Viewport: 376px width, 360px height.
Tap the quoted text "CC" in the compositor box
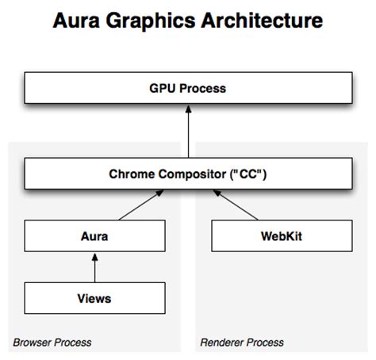click(248, 174)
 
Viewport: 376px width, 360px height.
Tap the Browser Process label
click(52, 343)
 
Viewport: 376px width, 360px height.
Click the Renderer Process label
click(241, 343)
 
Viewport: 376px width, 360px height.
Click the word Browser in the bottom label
click(31, 343)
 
